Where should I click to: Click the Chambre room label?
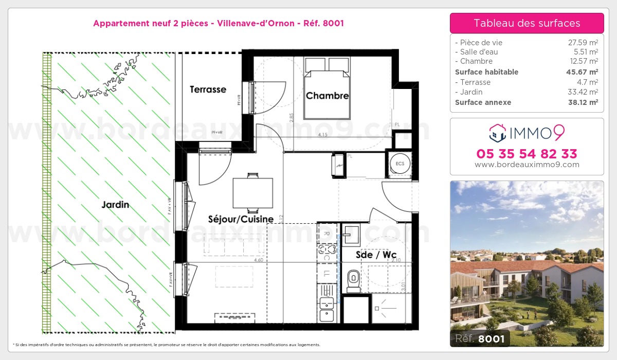click(x=327, y=96)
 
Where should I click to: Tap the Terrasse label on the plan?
click(x=208, y=89)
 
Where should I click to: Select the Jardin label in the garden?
click(x=115, y=205)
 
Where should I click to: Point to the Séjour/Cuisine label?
click(x=241, y=219)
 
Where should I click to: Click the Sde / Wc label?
click(x=376, y=254)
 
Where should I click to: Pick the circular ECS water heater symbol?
click(x=400, y=163)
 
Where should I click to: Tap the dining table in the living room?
click(x=252, y=193)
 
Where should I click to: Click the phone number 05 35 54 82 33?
click(x=527, y=154)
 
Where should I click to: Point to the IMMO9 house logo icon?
click(x=497, y=133)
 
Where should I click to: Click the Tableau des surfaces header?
click(x=527, y=23)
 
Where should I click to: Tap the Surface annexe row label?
click(x=483, y=102)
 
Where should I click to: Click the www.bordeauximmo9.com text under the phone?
click(x=527, y=165)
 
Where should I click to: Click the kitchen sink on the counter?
click(x=326, y=307)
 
